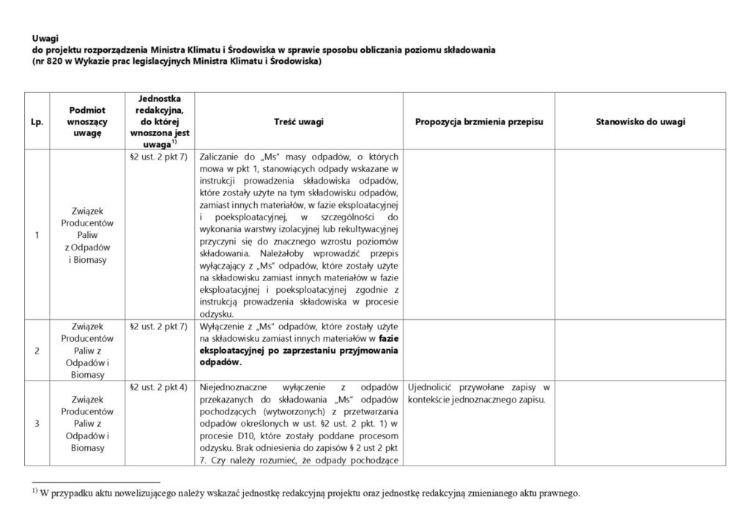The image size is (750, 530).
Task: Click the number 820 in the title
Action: click(57, 61)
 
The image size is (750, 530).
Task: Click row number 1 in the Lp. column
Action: click(37, 235)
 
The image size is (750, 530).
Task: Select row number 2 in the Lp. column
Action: click(37, 350)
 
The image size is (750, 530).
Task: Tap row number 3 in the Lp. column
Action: click(37, 423)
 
